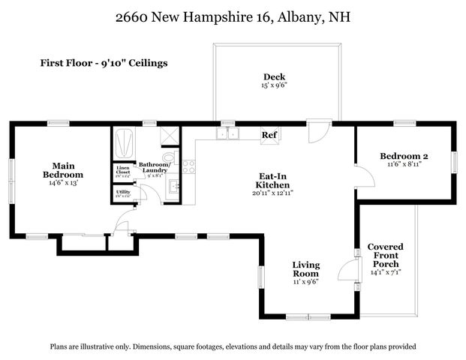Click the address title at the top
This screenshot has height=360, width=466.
pos(233,17)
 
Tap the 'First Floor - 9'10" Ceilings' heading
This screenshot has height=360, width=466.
pos(104,63)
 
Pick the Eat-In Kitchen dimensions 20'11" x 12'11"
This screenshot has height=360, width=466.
pos(272,193)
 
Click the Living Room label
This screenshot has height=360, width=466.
pos(306,269)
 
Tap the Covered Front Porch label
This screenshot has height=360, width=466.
pos(385,256)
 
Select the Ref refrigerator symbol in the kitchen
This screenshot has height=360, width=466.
pos(269,134)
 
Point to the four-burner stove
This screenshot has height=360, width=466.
pos(189,166)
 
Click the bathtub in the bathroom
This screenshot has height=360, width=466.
pos(122,141)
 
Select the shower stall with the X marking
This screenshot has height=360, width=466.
pos(172,135)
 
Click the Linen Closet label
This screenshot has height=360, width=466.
pos(123,172)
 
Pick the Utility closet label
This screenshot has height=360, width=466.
pos(123,193)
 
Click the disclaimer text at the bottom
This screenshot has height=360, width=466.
pos(233,346)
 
